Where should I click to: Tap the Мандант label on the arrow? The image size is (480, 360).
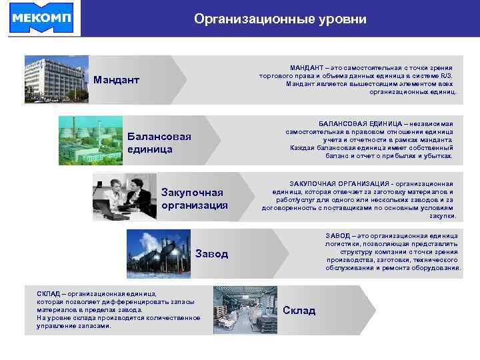pyautogui.click(x=117, y=80)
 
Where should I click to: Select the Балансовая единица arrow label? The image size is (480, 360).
pyautogui.click(x=159, y=143)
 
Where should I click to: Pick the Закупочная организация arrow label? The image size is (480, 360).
pyautogui.click(x=194, y=199)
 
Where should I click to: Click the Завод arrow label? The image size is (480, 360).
pyautogui.click(x=212, y=254)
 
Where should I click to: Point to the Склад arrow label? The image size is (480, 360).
pyautogui.click(x=299, y=310)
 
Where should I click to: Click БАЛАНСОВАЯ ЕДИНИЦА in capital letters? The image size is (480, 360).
pyautogui.click(x=360, y=125)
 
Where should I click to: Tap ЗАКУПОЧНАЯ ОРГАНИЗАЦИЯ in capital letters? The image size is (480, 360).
pyautogui.click(x=342, y=183)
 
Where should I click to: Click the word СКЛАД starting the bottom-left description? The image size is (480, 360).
pyautogui.click(x=50, y=294)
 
